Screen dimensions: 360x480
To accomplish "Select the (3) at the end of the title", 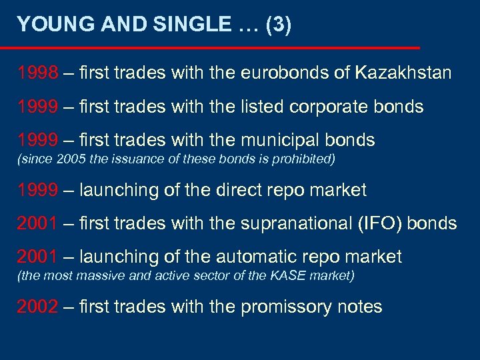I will pos(278,25).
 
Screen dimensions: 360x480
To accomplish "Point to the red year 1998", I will pos(37,73).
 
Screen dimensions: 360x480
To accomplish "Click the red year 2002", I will pos(37,307).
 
